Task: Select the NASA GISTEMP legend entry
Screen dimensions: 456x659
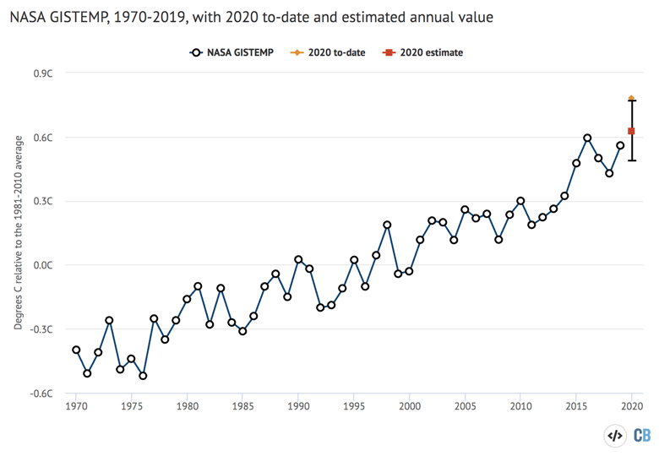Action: [x=240, y=52]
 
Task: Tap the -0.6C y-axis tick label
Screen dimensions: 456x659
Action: [x=43, y=394]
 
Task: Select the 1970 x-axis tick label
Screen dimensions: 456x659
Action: [x=76, y=406]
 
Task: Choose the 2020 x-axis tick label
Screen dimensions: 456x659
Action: [x=631, y=406]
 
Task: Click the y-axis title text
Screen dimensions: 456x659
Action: [x=19, y=232]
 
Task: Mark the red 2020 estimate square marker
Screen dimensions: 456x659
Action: [x=631, y=131]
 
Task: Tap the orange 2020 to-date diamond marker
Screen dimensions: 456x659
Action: [x=631, y=99]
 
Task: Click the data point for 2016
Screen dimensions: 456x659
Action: [x=587, y=138]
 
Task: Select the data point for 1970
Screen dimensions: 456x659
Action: [x=76, y=350]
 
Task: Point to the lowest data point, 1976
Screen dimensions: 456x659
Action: [x=143, y=376]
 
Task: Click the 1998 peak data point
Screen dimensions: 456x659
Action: [x=387, y=225]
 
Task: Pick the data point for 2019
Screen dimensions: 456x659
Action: [x=620, y=145]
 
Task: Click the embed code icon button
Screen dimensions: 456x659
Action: [x=615, y=436]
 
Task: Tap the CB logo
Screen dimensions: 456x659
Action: [x=642, y=436]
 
